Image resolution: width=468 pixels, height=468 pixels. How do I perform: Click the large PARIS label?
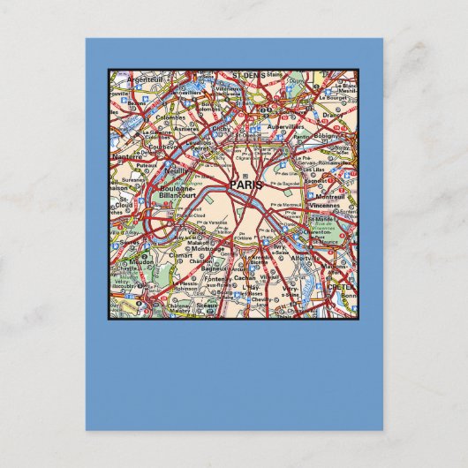coord(245,185)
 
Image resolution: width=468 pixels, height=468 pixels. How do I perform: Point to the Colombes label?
coord(172,116)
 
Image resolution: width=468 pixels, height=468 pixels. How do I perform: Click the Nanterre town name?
coord(127,155)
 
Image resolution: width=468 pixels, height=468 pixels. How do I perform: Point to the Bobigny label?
coord(327,137)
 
